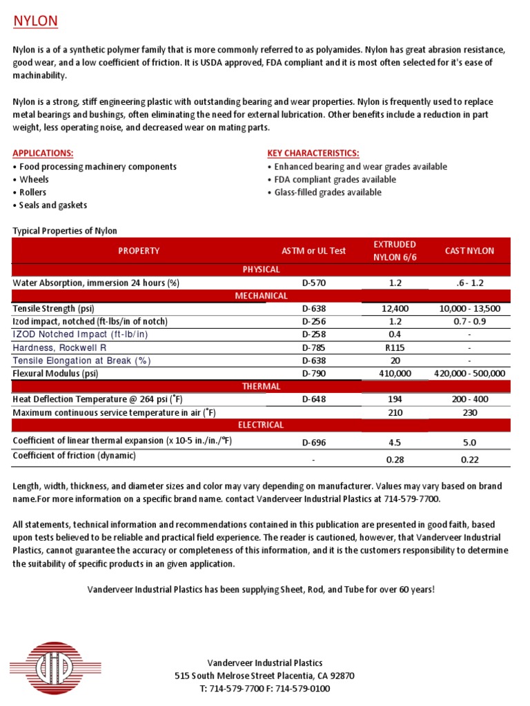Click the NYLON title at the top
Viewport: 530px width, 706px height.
click(36, 21)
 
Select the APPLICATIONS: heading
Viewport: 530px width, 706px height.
click(43, 153)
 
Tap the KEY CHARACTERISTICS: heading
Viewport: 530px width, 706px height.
click(313, 153)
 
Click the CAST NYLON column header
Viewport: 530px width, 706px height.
click(469, 251)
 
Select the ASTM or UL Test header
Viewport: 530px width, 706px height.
click(314, 251)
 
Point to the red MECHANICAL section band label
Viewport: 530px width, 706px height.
click(261, 296)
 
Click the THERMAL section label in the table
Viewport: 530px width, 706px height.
click(261, 386)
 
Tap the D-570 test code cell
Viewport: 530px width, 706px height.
click(314, 283)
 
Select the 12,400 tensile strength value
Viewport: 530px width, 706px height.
click(394, 309)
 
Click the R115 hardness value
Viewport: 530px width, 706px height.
click(394, 347)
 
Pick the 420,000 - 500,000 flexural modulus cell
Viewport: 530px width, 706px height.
click(469, 373)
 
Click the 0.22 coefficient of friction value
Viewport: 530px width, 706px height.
click(469, 460)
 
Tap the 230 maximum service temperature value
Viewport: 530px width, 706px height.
click(469, 412)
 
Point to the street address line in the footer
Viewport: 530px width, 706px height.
click(265, 676)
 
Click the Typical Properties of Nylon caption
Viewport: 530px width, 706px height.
click(65, 231)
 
